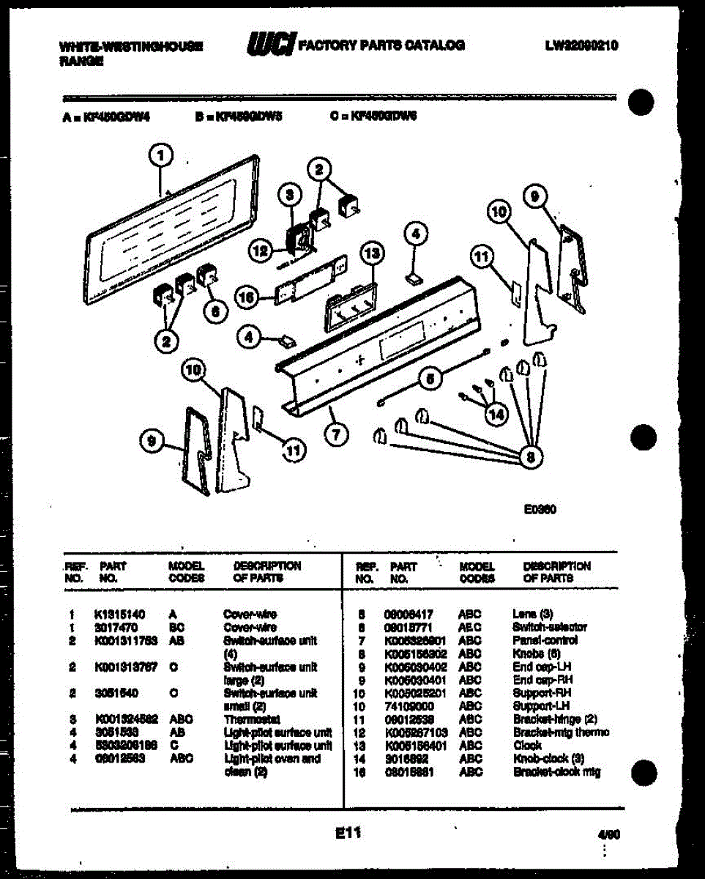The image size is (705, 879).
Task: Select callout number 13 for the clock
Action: click(x=372, y=253)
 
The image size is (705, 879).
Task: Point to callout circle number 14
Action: click(x=496, y=414)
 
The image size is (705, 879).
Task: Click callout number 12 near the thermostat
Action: click(x=259, y=251)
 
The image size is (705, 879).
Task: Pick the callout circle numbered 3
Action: click(x=290, y=195)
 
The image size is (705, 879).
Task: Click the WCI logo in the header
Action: click(x=271, y=45)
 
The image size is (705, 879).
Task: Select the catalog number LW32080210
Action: click(x=581, y=45)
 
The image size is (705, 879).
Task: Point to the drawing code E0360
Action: click(x=540, y=510)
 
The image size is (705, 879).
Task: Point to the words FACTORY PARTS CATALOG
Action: click(x=381, y=45)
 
